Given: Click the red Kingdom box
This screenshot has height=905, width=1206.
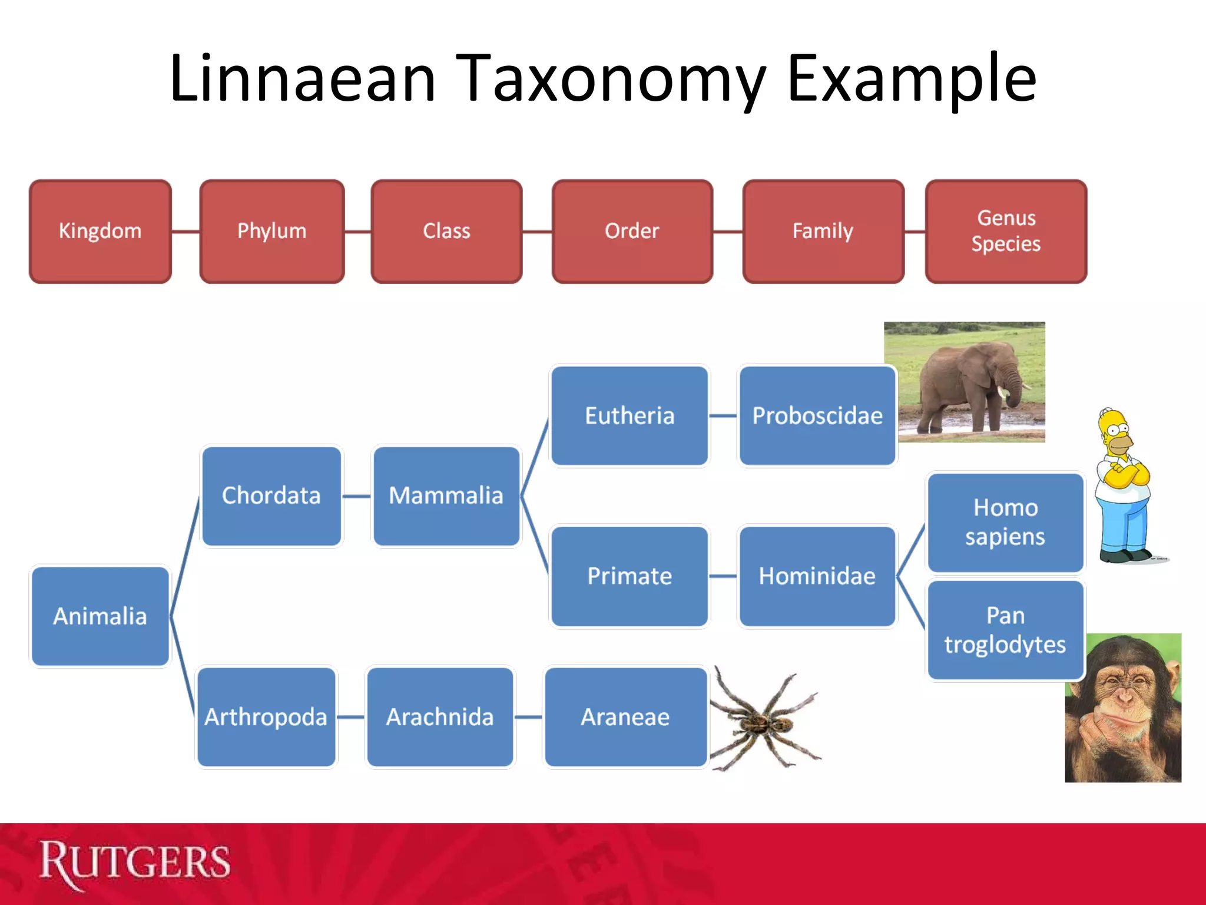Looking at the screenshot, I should point(100,231).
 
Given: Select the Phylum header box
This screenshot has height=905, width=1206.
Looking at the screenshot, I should point(272,231).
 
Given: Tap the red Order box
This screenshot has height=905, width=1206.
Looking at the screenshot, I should point(632,231).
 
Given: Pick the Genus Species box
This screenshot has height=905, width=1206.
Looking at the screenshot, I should point(1006,231).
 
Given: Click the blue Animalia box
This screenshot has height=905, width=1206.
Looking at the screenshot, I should point(100,616).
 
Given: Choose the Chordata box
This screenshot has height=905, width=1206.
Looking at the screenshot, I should point(271,496).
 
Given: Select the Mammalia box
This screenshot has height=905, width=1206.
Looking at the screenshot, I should point(446,496).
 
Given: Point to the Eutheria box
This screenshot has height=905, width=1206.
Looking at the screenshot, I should point(629,415).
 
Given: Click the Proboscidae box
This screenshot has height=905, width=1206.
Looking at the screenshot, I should point(817,415).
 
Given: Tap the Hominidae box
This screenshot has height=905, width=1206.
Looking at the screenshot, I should point(817,576).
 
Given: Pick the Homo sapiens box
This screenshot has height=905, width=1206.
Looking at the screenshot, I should point(1005,522).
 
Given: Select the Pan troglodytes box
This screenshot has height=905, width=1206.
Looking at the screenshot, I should point(1005,630).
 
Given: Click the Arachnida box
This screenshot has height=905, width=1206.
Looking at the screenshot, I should point(440,716).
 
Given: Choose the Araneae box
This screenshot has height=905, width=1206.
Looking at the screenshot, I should point(625,716).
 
